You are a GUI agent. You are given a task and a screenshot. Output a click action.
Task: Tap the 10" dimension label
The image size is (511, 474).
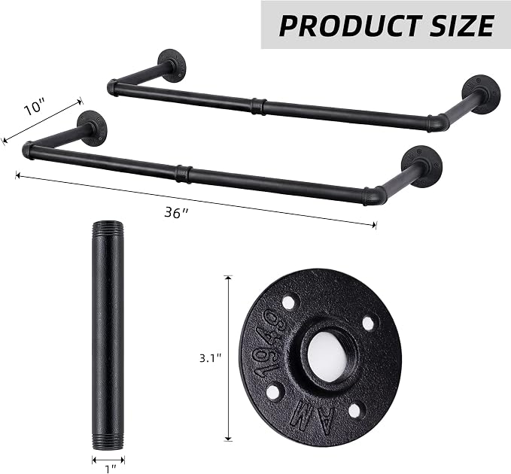tap(35, 108)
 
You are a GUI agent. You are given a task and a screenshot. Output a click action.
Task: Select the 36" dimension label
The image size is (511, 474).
tap(176, 213)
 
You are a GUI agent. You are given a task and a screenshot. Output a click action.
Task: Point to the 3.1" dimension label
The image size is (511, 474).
tap(210, 359)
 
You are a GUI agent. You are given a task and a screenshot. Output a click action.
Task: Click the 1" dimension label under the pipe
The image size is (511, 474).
tap(111, 469)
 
